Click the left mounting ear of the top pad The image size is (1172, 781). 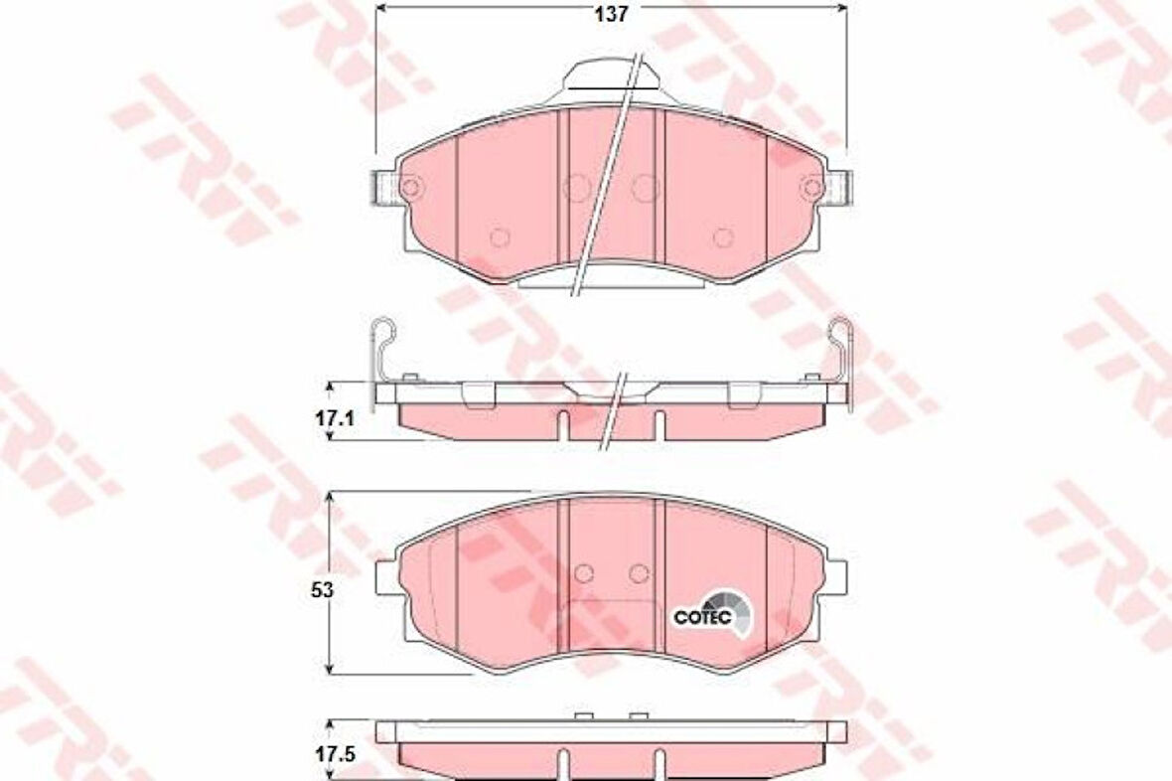coord(385,187)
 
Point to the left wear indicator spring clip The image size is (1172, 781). coord(381,347)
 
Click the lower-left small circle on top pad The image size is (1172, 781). coord(500,237)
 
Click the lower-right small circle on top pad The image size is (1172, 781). coord(723,237)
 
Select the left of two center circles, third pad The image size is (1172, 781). coord(584,572)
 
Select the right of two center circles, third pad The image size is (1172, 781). coord(639,572)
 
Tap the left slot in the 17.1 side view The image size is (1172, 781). coord(562,423)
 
